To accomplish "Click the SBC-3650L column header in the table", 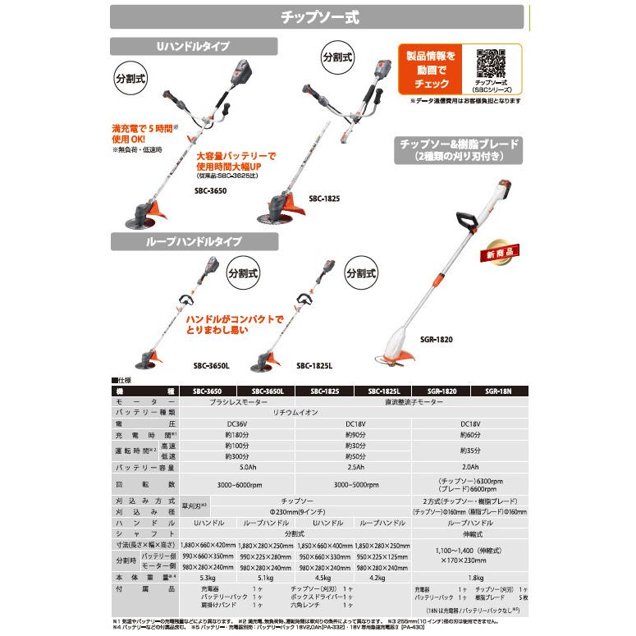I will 267,392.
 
